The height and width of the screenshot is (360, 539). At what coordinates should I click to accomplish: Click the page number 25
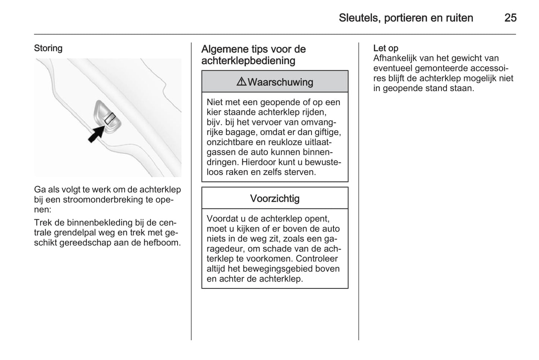[510, 18]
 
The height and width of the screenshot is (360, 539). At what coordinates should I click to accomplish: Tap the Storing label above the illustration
[48, 48]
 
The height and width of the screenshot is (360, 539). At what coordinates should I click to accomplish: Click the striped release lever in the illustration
[111, 119]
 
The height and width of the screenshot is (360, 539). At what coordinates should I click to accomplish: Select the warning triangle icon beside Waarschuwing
[241, 82]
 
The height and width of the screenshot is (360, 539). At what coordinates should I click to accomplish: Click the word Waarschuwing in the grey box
[280, 82]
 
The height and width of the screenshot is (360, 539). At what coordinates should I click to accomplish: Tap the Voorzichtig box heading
[275, 198]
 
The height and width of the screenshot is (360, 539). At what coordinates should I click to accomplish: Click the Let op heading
[386, 48]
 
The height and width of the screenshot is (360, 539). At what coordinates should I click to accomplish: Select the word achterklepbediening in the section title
[248, 61]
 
